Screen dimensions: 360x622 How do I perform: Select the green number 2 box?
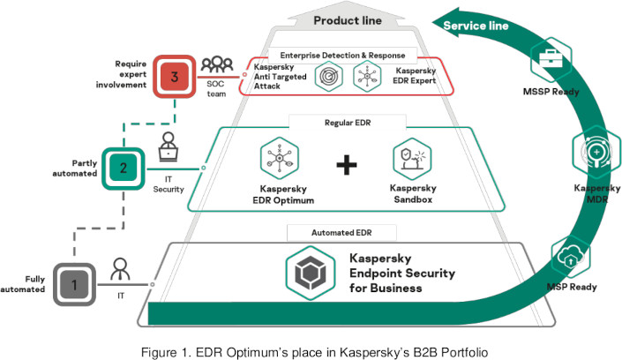point(124,165)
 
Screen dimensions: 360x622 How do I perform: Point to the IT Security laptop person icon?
point(170,148)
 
